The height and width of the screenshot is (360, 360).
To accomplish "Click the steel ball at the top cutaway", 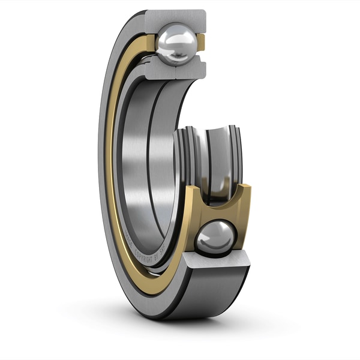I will pyautogui.click(x=176, y=43).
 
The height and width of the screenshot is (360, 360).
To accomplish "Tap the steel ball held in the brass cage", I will pyautogui.click(x=216, y=237).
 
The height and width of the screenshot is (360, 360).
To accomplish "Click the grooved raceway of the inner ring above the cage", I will pyautogui.click(x=210, y=150).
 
